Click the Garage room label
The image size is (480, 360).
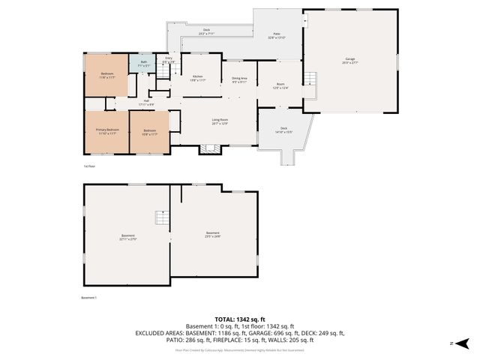349,60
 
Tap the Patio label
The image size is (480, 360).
277,36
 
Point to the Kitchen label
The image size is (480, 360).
198,78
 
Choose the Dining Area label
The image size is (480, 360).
239,79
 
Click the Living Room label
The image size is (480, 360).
219,121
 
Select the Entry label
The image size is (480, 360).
169,59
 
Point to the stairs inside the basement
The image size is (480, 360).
161,218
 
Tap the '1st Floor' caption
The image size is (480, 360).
89,166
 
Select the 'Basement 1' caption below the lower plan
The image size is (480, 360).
89,298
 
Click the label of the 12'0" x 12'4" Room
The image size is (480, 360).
280,86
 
